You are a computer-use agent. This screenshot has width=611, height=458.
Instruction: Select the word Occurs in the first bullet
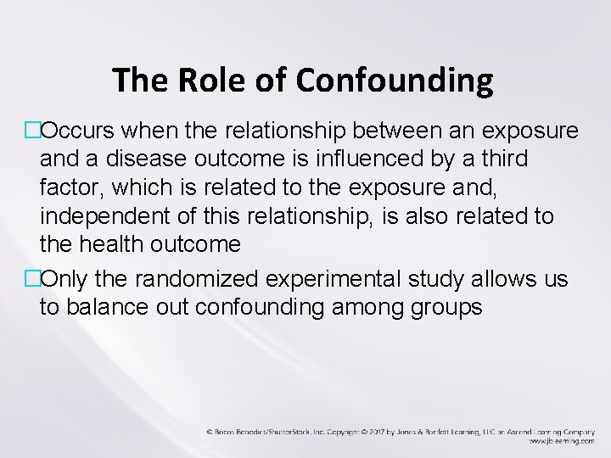(81, 131)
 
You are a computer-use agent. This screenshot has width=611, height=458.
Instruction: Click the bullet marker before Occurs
(32, 131)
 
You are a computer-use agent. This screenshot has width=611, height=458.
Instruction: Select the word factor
(68, 187)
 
